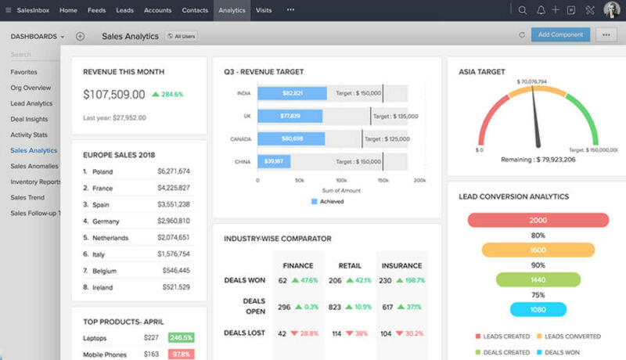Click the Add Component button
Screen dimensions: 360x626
[560, 35]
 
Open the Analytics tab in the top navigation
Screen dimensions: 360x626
[232, 10]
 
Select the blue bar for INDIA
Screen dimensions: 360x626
[292, 93]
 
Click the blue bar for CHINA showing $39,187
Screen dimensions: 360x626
[274, 161]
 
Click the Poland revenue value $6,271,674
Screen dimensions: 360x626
[173, 171]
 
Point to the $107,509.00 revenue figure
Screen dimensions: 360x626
[114, 95]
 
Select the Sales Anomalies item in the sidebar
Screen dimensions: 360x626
[34, 166]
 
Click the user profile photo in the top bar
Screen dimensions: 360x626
[611, 10]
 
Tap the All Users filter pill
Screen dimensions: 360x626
[182, 36]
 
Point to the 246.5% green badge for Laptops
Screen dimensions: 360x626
[181, 338]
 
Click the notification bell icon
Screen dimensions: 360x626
[540, 10]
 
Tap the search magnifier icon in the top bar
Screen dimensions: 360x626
[523, 10]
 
